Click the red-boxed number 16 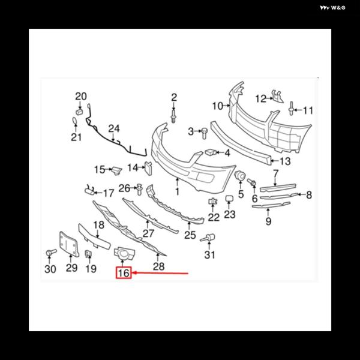124,273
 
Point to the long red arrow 161,273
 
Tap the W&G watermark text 332,8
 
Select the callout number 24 114,128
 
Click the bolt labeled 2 173,116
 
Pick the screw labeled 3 204,133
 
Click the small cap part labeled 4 211,152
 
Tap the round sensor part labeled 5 240,176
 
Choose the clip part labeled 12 277,96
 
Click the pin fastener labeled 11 292,109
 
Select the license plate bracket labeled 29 69,244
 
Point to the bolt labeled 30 51,253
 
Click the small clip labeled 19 88,253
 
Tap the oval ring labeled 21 75,122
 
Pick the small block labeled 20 79,112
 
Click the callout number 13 285,161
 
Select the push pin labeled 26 139,189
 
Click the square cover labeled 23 229,199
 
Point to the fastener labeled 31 208,238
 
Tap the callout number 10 217,106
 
